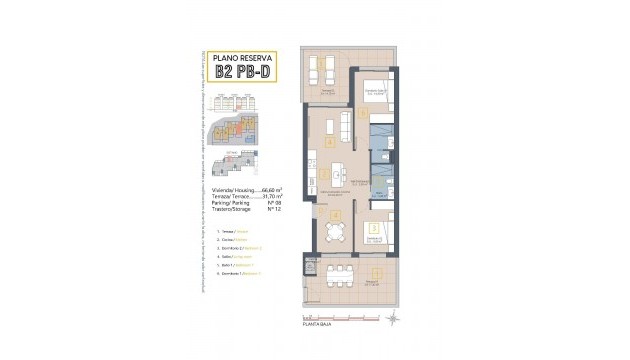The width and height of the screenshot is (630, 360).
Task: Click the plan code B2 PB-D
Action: (244, 71)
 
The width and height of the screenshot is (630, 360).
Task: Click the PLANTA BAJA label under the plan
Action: (319, 325)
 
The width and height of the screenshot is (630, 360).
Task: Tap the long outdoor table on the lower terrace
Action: (332, 271)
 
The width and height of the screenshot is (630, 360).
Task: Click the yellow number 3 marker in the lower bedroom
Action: (373, 230)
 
